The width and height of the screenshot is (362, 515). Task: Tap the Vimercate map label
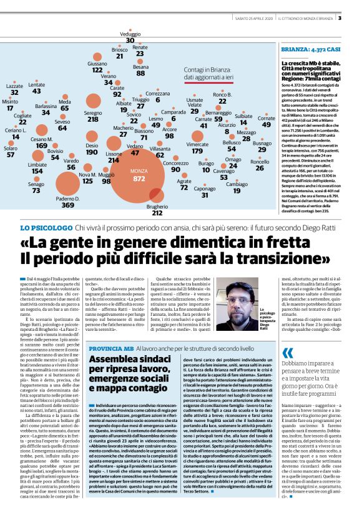[x=197, y=144]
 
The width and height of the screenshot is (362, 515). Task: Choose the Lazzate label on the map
[x=14, y=86]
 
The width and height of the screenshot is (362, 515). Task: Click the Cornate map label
[x=267, y=118]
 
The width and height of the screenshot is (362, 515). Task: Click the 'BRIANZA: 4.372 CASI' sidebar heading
[x=310, y=49]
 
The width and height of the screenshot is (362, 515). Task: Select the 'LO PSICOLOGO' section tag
[x=50, y=229]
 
